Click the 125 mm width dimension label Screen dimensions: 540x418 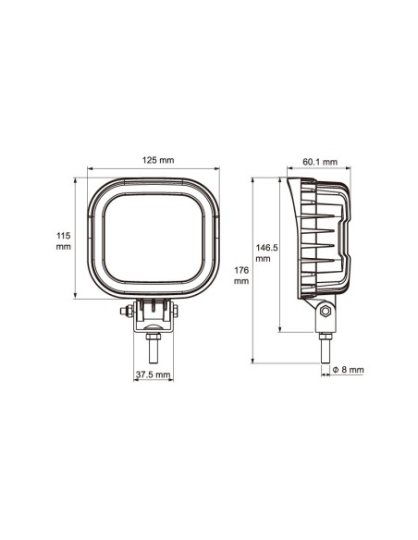coord(154,161)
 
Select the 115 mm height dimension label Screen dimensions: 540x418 coord(63,241)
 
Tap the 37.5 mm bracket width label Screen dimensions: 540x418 coord(153,374)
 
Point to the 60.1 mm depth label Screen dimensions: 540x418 coord(318,163)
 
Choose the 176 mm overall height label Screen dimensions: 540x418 coord(242,276)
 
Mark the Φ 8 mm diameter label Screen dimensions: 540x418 coord(348,369)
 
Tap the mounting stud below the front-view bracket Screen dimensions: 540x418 coord(154,352)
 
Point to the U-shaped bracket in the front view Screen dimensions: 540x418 coord(153,319)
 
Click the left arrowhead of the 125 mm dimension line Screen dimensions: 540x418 coord(90,171)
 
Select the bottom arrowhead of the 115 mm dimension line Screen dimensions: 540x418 coord(75,297)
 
